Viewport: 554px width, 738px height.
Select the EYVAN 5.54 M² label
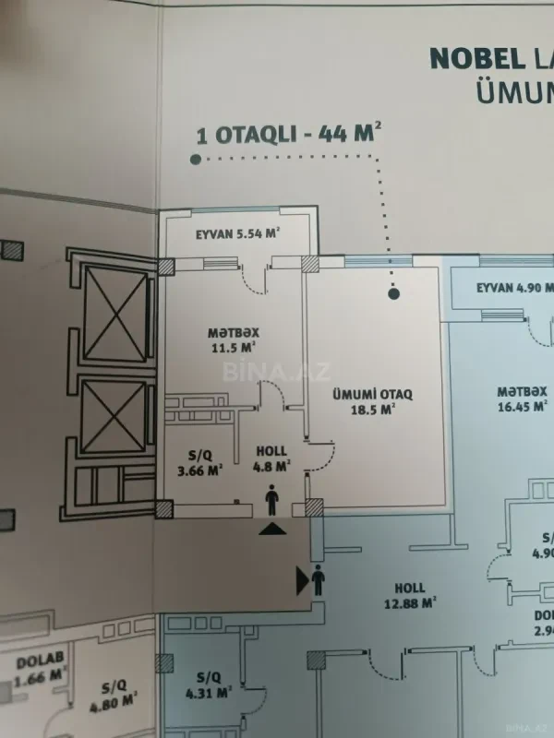237,234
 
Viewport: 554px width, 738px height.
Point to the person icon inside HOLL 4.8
272,502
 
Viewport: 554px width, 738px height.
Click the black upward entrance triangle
272,529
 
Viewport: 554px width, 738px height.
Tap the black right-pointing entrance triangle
302,580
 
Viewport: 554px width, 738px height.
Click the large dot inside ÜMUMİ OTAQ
394,294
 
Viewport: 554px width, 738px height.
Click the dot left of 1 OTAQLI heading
197,159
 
